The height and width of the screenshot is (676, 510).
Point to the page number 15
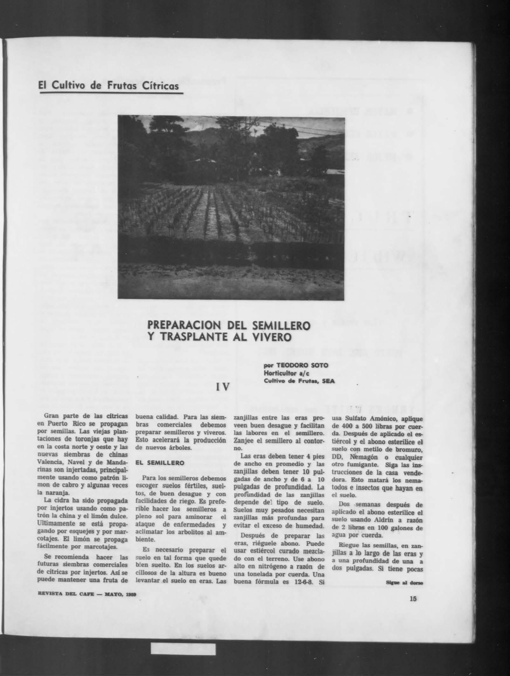tap(413, 599)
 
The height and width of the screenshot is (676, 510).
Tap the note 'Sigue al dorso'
tap(404, 583)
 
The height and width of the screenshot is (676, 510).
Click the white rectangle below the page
tap(183, 632)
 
